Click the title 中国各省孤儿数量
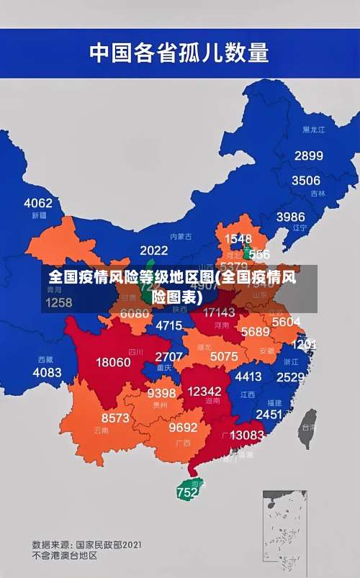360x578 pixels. tap(179, 53)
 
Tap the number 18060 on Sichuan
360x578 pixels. tap(113, 362)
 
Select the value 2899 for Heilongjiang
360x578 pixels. tap(308, 155)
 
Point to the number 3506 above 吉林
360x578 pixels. tap(305, 181)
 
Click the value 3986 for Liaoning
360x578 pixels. tap(290, 216)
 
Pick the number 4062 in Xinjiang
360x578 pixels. tap(38, 202)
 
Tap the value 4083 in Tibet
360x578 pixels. tap(48, 372)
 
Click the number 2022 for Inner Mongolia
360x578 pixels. tap(153, 250)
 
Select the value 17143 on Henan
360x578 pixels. tap(219, 312)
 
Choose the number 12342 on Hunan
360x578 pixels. tap(204, 391)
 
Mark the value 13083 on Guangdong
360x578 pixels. tap(247, 435)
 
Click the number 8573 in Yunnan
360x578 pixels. tap(115, 417)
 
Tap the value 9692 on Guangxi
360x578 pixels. tap(183, 427)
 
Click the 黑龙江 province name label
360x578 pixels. tap(313, 130)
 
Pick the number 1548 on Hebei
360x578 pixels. tap(238, 238)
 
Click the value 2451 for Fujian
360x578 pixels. tap(269, 414)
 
